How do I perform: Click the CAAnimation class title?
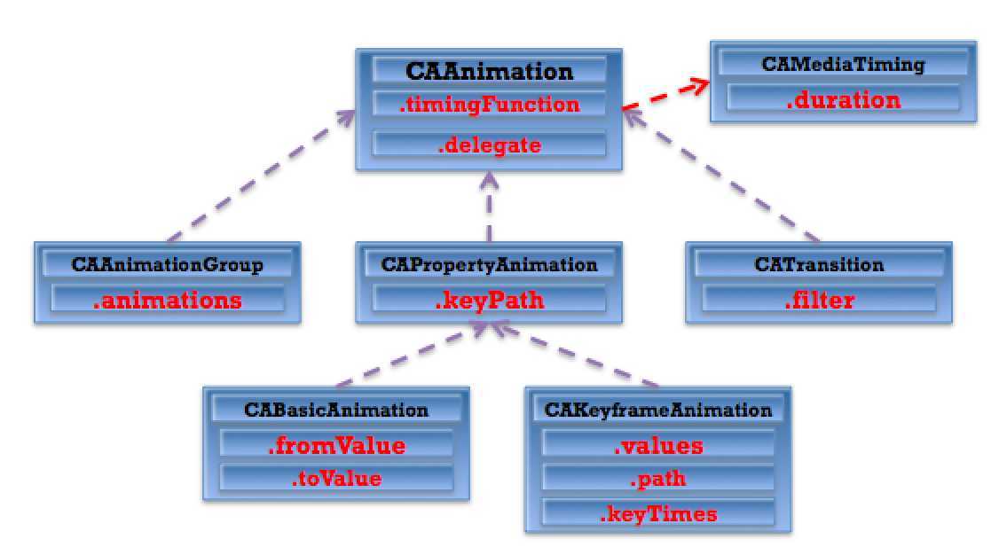click(490, 71)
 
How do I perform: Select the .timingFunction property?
click(490, 105)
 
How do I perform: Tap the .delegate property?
click(490, 145)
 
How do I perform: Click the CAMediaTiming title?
click(843, 65)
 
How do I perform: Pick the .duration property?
click(843, 100)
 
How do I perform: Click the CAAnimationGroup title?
click(168, 265)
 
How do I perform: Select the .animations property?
click(168, 301)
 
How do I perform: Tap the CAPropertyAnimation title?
click(490, 265)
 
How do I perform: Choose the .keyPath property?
click(490, 301)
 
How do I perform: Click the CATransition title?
click(819, 265)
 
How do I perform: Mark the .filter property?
click(819, 300)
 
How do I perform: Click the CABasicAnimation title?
click(336, 410)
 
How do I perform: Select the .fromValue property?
click(336, 446)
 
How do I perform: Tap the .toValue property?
click(336, 479)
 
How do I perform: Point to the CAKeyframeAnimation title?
click(658, 410)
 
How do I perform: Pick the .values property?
click(658, 446)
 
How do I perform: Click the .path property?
click(658, 479)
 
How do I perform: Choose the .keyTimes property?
click(658, 514)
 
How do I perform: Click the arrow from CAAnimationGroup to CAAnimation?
click(261, 176)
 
